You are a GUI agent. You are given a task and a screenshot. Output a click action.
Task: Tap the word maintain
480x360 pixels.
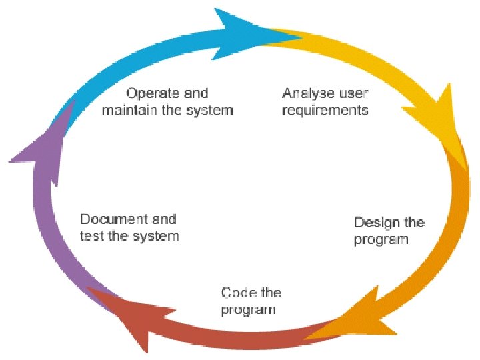tap(127, 110)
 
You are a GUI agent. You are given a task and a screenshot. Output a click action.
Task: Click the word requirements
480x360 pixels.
tap(325, 110)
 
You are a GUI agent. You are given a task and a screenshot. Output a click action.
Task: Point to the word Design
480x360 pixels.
tap(377, 223)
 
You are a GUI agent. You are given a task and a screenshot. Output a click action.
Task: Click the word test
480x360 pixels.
tap(91, 236)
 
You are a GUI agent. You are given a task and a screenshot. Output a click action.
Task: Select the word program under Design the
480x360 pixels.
tap(381, 240)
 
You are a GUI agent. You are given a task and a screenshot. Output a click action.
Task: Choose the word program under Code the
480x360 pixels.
tap(248, 310)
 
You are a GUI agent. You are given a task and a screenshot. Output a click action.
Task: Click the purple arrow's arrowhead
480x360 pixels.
tap(40, 150)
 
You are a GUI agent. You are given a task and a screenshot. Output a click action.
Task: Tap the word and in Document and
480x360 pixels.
tap(164, 219)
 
